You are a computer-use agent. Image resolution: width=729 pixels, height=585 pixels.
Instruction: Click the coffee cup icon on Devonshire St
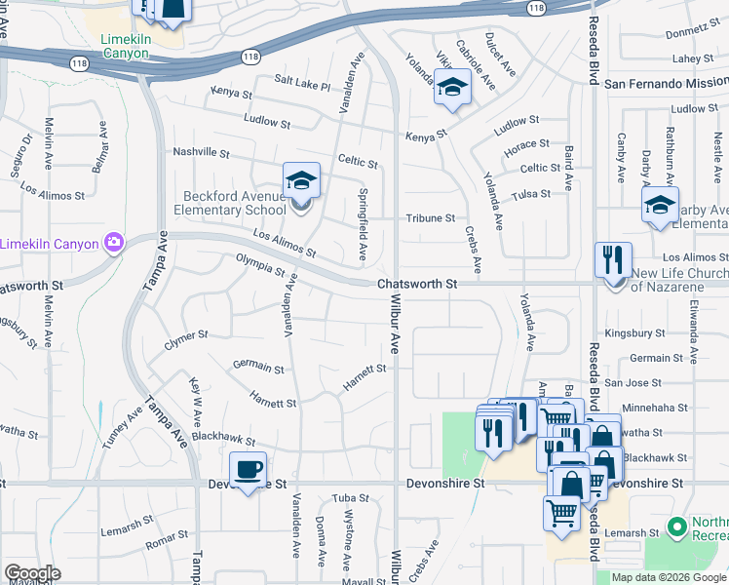click(248, 470)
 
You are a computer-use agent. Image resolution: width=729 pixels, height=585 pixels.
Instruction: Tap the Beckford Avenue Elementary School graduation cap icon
click(301, 181)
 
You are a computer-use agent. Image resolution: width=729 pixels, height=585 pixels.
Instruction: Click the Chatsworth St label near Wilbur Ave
click(417, 284)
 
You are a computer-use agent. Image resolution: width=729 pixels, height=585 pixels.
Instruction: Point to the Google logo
click(33, 573)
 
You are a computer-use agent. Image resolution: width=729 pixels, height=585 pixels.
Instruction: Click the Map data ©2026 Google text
click(667, 577)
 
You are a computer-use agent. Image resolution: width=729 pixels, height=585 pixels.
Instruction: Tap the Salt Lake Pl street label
click(302, 86)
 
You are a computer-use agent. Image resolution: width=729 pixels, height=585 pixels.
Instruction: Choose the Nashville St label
click(201, 153)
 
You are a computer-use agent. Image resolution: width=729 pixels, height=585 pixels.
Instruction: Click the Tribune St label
click(431, 218)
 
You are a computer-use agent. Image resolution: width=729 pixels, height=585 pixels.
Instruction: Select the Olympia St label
click(259, 264)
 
